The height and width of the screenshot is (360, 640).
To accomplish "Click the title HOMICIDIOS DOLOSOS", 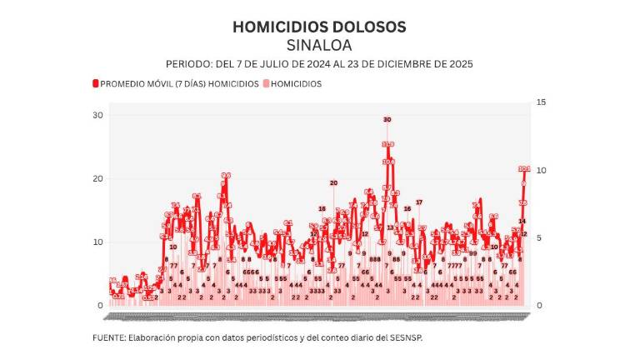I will pyautogui.click(x=319, y=27).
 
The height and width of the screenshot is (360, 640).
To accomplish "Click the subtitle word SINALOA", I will pyautogui.click(x=319, y=45).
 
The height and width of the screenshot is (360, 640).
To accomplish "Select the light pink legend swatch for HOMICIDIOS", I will pyautogui.click(x=267, y=83).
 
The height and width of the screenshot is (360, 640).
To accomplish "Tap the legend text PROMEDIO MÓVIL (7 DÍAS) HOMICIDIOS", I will pyautogui.click(x=179, y=83).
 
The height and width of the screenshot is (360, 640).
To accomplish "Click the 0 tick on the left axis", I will pyautogui.click(x=100, y=306).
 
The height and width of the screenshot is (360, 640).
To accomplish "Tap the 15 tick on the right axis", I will pyautogui.click(x=542, y=102).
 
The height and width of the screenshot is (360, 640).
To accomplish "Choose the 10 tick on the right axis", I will pyautogui.click(x=542, y=170).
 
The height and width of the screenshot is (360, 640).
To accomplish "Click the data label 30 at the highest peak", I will pyautogui.click(x=387, y=120).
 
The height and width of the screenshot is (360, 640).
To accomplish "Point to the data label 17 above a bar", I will pyautogui.click(x=419, y=202).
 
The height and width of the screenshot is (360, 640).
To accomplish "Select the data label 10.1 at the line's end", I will pyautogui.click(x=524, y=169).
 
